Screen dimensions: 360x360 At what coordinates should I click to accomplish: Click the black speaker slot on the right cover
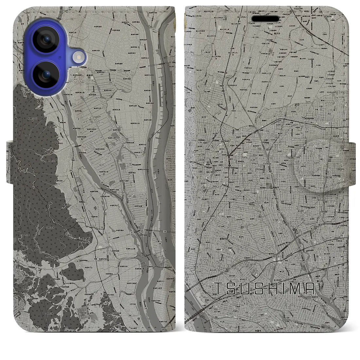(x=266, y=19)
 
